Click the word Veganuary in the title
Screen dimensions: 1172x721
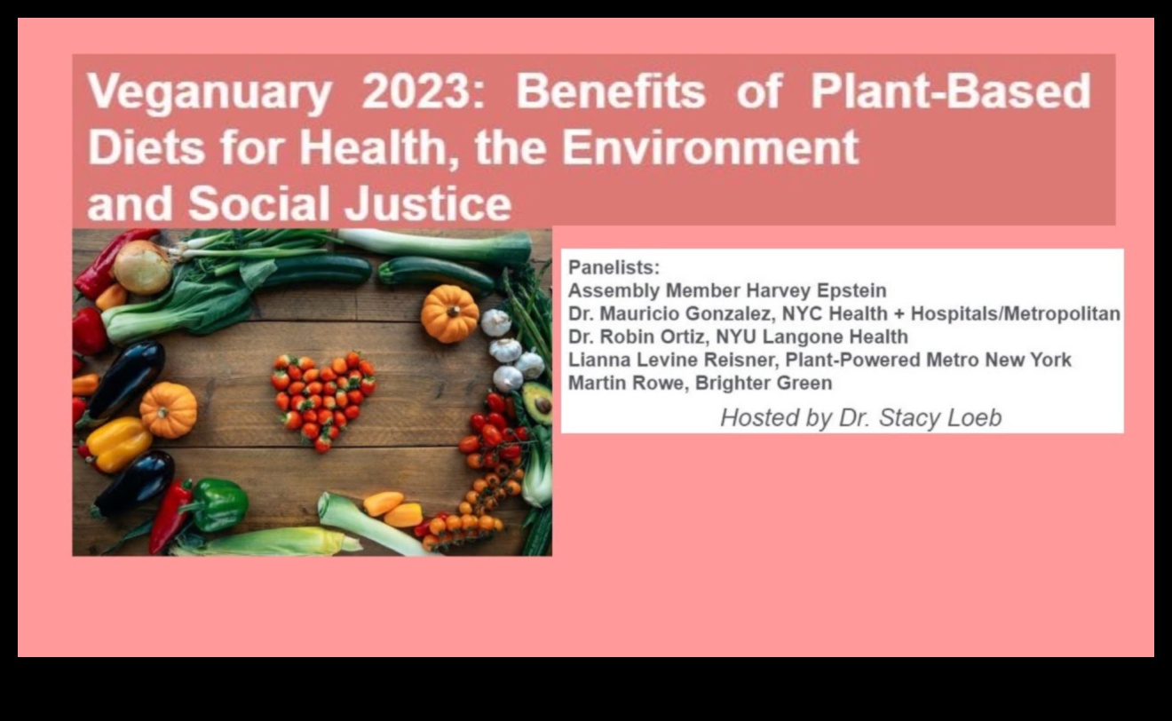pyautogui.click(x=210, y=92)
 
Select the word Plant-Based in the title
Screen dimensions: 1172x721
pyautogui.click(x=951, y=91)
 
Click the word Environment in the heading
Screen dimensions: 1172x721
pyautogui.click(x=710, y=147)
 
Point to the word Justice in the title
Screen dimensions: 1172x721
pyautogui.click(x=427, y=203)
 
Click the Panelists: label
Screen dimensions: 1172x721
pyautogui.click(x=614, y=267)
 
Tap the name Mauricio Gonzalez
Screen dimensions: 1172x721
pyautogui.click(x=685, y=314)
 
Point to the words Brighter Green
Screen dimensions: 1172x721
pyautogui.click(x=764, y=383)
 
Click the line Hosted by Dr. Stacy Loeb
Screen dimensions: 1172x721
pyautogui.click(x=860, y=418)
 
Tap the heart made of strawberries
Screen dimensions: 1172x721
pyautogui.click(x=323, y=400)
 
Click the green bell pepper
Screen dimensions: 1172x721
pyautogui.click(x=218, y=504)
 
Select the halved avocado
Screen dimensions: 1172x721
pyautogui.click(x=537, y=403)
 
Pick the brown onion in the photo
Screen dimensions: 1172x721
pyautogui.click(x=142, y=267)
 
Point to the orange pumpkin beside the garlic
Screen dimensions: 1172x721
pyautogui.click(x=450, y=313)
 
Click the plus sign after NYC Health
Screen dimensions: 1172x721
pyautogui.click(x=899, y=314)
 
